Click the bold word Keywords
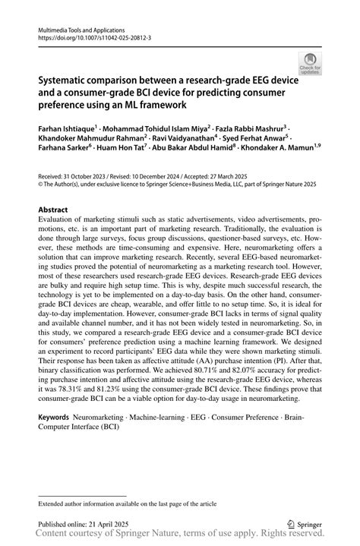[54, 418]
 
